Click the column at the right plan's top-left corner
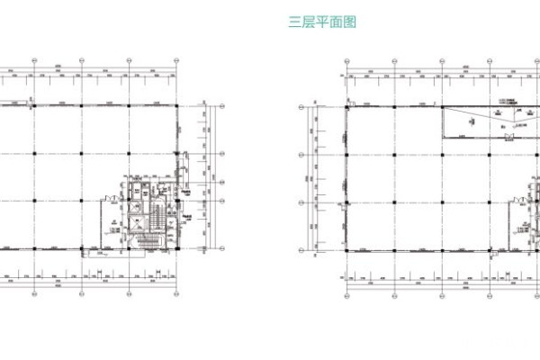(348, 106)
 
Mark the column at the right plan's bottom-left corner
(348, 252)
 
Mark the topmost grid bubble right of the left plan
(220, 106)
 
